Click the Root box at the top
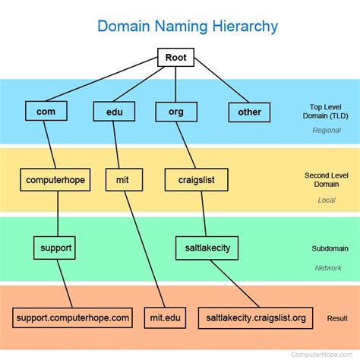[175, 57]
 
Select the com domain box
[46, 112]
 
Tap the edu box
[114, 112]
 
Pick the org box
[175, 112]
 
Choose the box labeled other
[249, 112]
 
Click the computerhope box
[55, 180]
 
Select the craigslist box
[197, 180]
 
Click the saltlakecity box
[207, 248]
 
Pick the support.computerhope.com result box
[72, 317]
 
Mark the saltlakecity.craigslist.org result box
[256, 317]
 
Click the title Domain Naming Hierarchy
[187, 27]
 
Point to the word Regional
[327, 130]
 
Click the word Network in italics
[328, 267]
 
